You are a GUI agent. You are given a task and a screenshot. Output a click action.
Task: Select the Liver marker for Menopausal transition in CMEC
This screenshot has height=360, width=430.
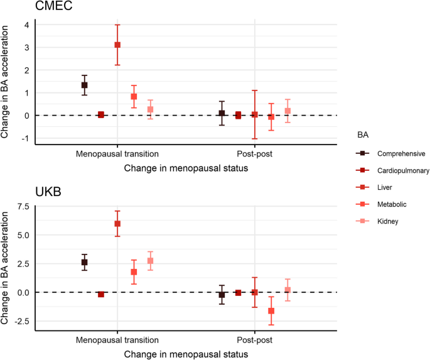[x=117, y=45]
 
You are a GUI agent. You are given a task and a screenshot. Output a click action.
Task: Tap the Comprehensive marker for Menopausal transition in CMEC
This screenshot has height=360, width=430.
[x=84, y=85]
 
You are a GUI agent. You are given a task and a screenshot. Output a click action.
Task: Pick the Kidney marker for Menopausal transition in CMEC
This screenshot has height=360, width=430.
[x=150, y=109]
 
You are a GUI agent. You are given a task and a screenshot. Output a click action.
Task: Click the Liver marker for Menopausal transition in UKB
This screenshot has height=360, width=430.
[x=117, y=224]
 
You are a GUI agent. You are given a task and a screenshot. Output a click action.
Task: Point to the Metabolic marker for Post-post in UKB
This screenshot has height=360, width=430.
[x=271, y=311]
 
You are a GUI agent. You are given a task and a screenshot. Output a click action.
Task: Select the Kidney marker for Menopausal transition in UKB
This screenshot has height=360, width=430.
[x=150, y=261]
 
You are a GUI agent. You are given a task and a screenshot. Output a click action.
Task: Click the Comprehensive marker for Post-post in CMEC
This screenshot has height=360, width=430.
[x=222, y=113]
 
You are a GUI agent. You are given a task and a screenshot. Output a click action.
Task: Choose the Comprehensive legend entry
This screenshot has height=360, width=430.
[x=394, y=153]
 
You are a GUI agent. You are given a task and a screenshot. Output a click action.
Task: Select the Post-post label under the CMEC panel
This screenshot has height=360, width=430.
[x=254, y=153]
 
